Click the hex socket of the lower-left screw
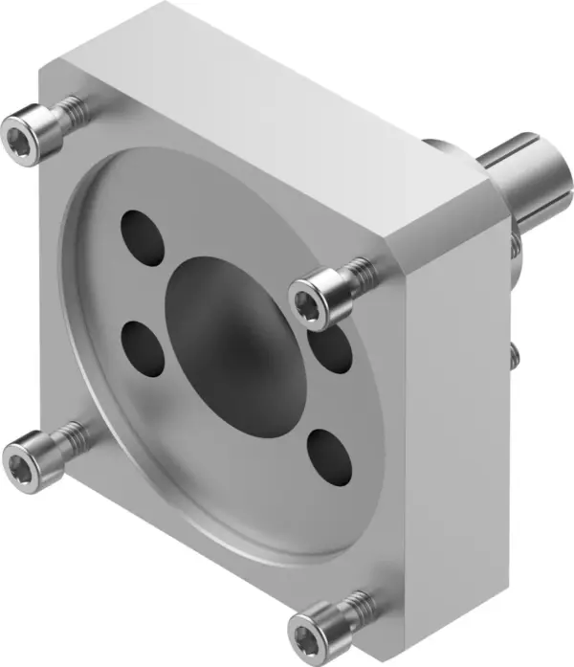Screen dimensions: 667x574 pyautogui.click(x=21, y=452)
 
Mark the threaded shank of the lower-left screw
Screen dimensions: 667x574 pyautogui.click(x=69, y=436)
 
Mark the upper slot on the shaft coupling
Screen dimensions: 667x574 pyautogui.click(x=511, y=152)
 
